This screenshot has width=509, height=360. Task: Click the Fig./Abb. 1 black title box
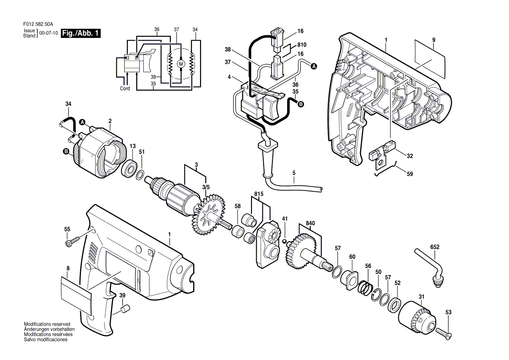pyautogui.click(x=81, y=33)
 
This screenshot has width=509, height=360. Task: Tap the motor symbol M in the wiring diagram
pyautogui.click(x=181, y=64)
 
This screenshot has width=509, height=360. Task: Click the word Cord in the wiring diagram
pyautogui.click(x=125, y=88)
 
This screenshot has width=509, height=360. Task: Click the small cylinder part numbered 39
pyautogui.click(x=126, y=309)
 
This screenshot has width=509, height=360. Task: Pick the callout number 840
pyautogui.click(x=310, y=223)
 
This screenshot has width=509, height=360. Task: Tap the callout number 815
pyautogui.click(x=259, y=194)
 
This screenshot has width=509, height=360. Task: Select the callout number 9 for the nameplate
pyautogui.click(x=434, y=40)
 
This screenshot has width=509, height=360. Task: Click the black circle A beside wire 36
pyautogui.click(x=314, y=67)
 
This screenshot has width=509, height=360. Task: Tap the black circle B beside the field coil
pyautogui.click(x=66, y=152)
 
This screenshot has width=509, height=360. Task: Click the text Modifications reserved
pyautogui.click(x=47, y=324)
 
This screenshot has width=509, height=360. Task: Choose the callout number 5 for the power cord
pyautogui.click(x=294, y=173)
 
